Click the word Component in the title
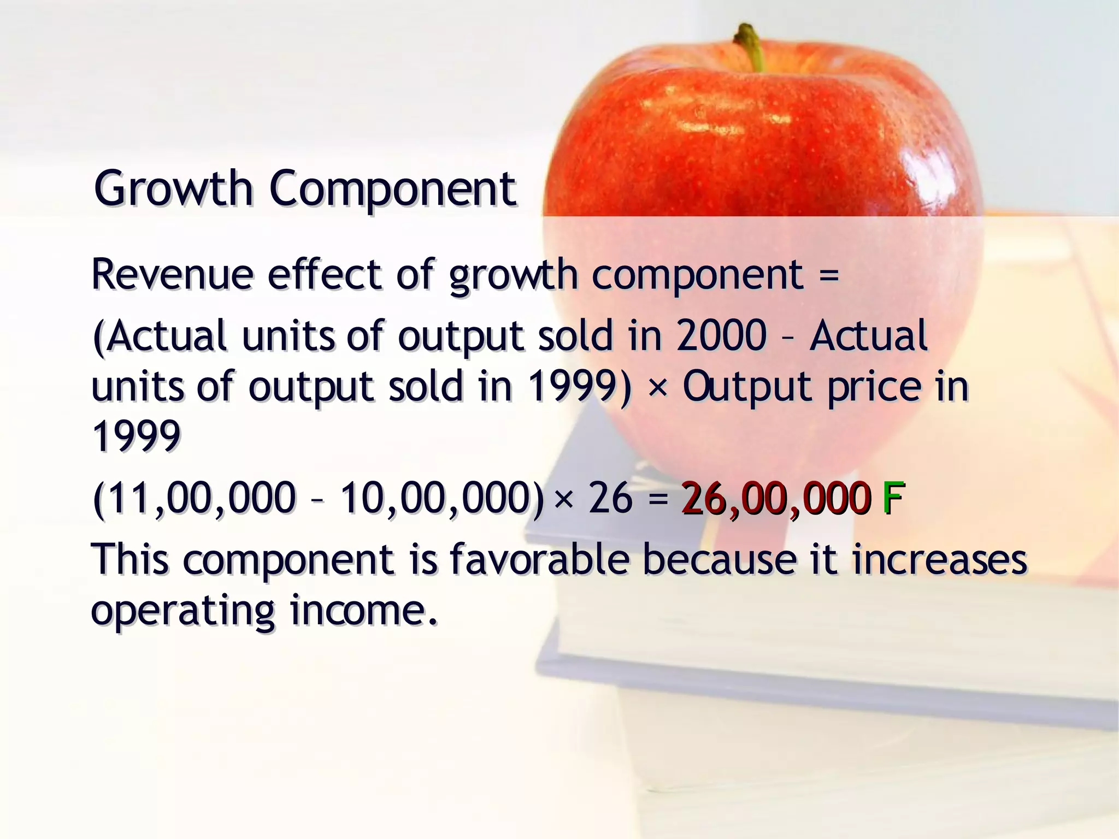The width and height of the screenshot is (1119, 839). tap(392, 189)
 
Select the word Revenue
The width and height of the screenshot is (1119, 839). tap(172, 274)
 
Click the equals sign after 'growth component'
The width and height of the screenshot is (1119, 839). tap(829, 275)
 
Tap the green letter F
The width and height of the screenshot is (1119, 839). tap(892, 498)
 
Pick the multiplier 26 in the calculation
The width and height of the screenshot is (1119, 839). tap(610, 498)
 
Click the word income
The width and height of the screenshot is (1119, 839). tap(363, 611)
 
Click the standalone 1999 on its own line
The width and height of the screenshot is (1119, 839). tap(136, 436)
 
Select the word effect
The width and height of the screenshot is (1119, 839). tap(324, 274)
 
